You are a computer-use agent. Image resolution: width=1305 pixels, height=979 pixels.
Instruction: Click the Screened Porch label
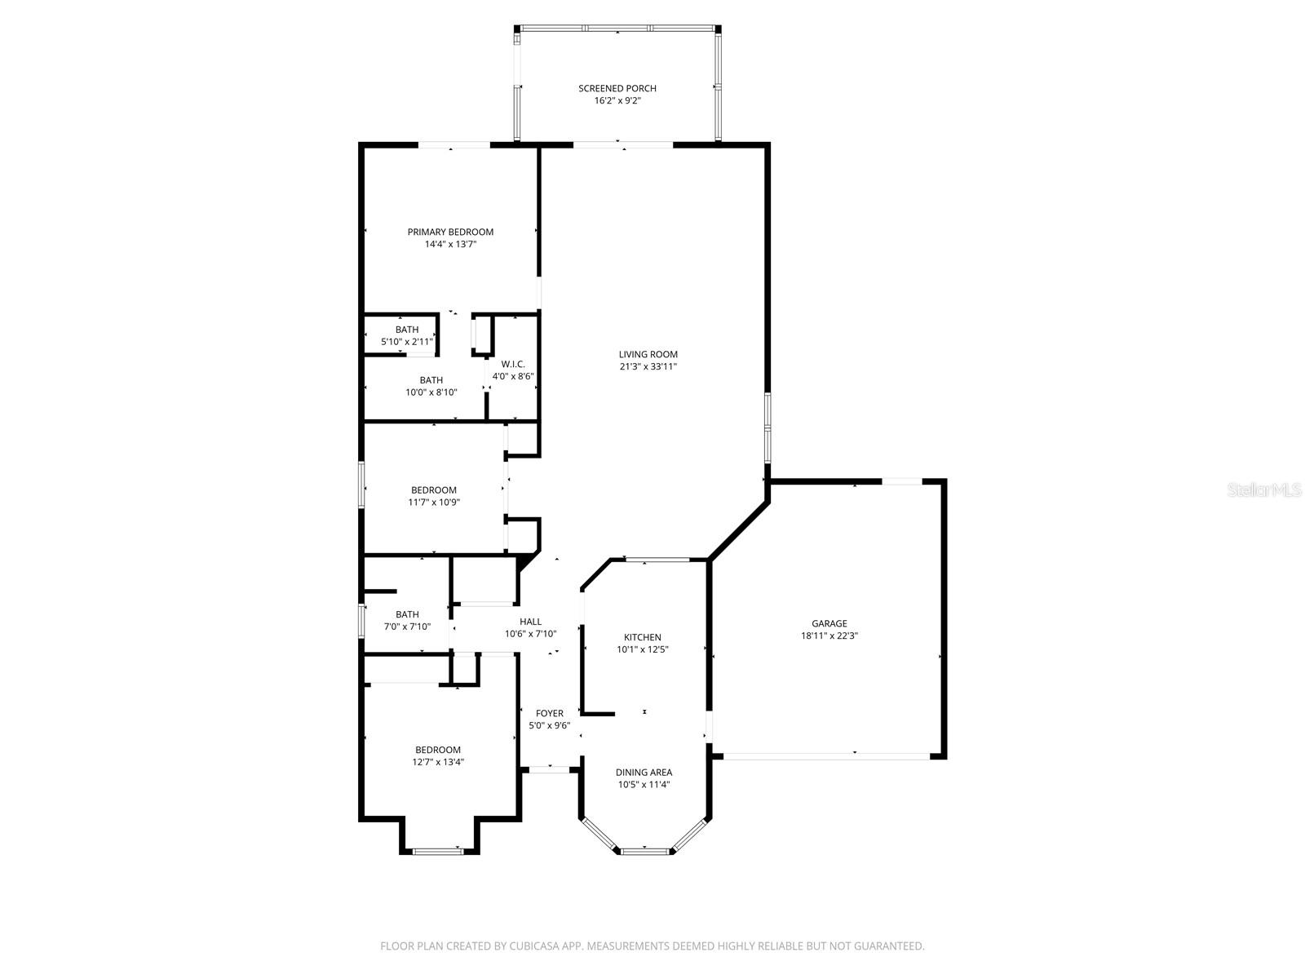[617, 88]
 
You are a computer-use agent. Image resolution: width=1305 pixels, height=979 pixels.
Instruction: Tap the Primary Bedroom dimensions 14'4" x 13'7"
[450, 244]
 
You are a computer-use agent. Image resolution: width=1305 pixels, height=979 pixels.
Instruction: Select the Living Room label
[648, 354]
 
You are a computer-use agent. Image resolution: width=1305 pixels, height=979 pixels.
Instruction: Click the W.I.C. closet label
[512, 364]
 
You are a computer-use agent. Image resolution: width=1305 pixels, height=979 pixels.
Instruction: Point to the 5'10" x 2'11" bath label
[407, 335]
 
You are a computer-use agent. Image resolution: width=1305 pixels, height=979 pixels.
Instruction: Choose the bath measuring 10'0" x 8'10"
[431, 386]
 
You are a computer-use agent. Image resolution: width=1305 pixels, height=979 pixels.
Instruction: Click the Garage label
[829, 623]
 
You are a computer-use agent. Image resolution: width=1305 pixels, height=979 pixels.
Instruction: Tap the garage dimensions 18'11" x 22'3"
[829, 636]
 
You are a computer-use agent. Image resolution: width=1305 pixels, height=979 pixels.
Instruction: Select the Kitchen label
[642, 637]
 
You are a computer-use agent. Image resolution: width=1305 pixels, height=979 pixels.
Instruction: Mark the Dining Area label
[644, 772]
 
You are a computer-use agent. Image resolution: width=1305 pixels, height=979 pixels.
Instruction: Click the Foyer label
[549, 713]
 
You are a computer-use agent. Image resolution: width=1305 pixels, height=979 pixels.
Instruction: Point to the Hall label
[530, 622]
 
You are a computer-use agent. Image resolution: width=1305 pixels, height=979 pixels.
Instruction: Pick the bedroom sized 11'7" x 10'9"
[433, 496]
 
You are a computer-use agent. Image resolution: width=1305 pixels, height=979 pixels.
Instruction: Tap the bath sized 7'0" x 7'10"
[407, 621]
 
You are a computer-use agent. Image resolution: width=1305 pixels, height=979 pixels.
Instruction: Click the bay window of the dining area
[644, 851]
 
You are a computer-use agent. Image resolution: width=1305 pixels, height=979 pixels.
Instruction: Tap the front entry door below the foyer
[550, 768]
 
